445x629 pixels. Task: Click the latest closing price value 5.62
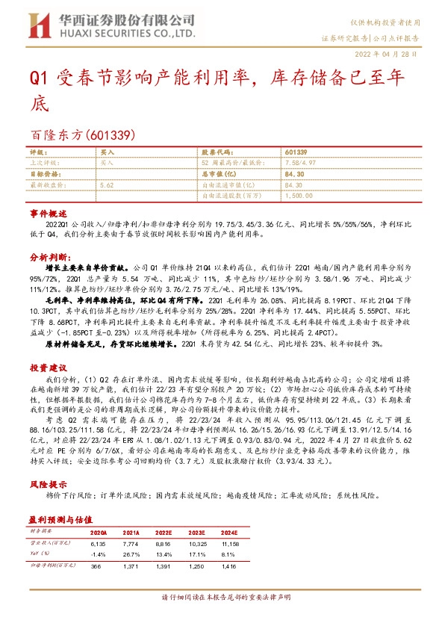pyautogui.click(x=106, y=184)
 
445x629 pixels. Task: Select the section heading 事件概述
pyautogui.click(x=49, y=214)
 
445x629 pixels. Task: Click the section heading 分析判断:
pyautogui.click(x=50, y=256)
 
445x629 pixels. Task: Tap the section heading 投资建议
pyautogui.click(x=49, y=368)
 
